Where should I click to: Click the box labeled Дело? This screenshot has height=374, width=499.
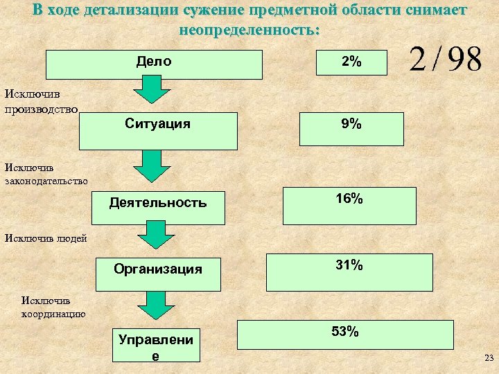click(154, 64)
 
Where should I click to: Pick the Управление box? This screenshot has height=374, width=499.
click(157, 345)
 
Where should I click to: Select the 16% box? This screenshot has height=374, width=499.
click(349, 206)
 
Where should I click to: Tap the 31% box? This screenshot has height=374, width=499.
click(349, 271)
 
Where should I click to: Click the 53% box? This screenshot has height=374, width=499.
click(345, 335)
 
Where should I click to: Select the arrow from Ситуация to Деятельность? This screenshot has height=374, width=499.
click(151, 166)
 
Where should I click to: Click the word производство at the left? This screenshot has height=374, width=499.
click(41, 109)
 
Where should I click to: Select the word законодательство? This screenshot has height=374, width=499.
click(46, 181)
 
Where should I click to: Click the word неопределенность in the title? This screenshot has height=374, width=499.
click(247, 31)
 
